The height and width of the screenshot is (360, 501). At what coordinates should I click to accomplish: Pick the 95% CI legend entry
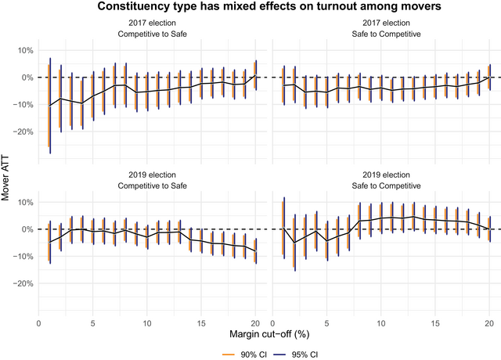(289, 354)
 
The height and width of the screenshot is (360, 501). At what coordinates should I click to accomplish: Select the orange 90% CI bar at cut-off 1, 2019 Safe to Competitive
(282, 229)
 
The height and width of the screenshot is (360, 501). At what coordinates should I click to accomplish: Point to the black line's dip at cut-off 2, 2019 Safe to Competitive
(294, 243)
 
